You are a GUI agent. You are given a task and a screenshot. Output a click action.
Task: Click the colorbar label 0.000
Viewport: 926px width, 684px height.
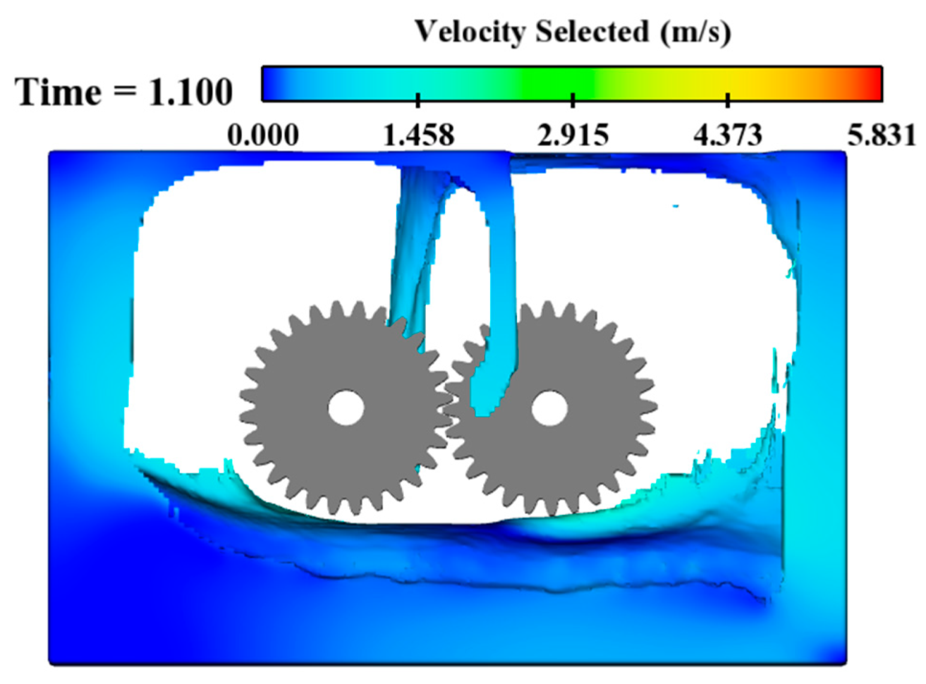point(262,135)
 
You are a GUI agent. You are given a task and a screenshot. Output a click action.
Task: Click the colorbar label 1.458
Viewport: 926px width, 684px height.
point(418,135)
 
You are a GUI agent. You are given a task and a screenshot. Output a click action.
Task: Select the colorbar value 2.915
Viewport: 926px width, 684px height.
point(573,135)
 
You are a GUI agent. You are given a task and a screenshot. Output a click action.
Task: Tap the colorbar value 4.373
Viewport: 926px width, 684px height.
point(728,135)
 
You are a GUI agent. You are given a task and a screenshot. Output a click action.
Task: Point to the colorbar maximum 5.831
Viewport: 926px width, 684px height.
point(881,135)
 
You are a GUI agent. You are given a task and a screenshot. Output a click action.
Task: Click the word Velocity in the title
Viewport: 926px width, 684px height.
point(471,31)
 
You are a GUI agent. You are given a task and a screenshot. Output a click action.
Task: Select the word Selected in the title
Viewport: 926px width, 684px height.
point(592,31)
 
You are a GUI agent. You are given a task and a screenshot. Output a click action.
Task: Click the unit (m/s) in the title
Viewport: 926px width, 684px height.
point(695,32)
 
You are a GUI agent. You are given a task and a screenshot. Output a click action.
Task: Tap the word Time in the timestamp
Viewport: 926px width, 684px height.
point(58,93)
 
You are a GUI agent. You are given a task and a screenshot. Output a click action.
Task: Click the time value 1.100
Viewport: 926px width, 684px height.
point(190,93)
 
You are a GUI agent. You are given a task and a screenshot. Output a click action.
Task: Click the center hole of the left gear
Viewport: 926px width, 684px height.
point(346,408)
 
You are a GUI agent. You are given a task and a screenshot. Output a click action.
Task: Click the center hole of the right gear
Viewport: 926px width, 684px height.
point(549,408)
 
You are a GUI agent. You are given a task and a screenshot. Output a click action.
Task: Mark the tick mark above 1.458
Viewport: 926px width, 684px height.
point(418,99)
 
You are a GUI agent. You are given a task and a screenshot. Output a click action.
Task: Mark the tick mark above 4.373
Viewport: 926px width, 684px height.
point(728,99)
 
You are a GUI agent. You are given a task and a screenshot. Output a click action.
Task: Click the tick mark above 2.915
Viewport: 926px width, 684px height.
point(573,99)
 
